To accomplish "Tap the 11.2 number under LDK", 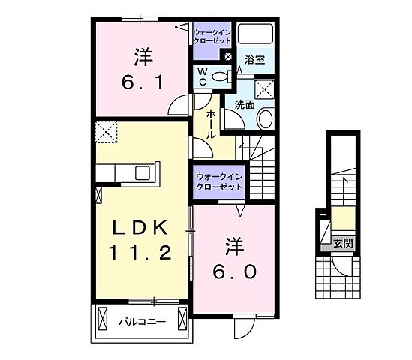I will point(140,253).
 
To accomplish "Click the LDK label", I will point(140,227).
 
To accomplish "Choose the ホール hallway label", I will point(212,124).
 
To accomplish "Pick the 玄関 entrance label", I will point(344,244).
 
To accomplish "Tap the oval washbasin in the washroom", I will point(265,119).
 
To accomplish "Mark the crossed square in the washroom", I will point(264,89).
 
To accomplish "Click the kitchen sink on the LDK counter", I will point(143,172).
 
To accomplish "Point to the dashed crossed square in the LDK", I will point(107,133).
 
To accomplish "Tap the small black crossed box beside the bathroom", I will point(228,56).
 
